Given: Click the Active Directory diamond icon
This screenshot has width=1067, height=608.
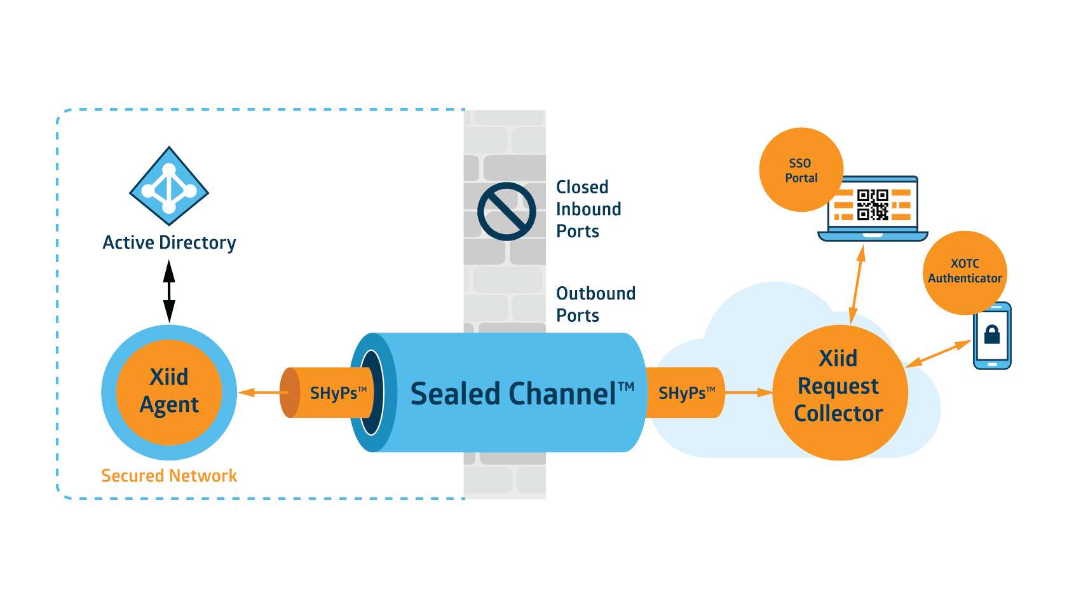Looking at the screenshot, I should [169, 186].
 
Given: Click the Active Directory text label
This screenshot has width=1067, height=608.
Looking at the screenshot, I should [169, 243].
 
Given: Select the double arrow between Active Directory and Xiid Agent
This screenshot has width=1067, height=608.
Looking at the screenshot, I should [169, 291].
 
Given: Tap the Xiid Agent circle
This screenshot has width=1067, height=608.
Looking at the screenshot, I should [169, 392].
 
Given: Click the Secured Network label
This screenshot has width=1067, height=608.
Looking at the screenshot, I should [169, 476].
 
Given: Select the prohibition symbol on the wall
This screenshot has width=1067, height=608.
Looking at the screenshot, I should [506, 211].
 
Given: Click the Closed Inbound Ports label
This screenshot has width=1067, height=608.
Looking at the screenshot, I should [588, 209].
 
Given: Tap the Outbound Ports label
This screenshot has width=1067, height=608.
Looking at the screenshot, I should [595, 304].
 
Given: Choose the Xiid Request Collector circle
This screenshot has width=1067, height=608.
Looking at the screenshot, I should [839, 392].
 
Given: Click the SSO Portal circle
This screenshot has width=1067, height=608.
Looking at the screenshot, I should [801, 170].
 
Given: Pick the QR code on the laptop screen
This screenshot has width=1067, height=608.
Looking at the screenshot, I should [873, 204].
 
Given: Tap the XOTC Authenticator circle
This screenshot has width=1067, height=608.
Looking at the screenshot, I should [964, 272].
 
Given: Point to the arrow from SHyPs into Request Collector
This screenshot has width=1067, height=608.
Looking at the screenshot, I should [749, 392].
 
